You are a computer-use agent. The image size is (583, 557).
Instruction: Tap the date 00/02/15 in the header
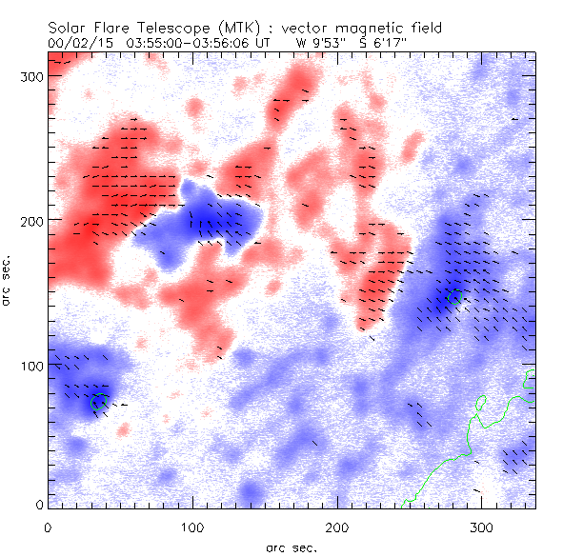point(74,43)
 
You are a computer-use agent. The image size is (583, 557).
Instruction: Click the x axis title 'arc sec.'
point(291,547)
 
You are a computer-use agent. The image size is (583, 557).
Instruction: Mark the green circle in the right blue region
point(455,297)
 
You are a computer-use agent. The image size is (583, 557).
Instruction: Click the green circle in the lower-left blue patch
point(97,403)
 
